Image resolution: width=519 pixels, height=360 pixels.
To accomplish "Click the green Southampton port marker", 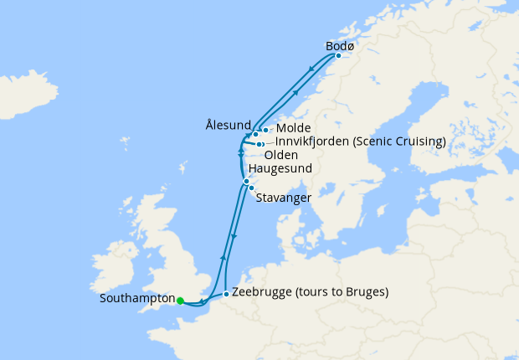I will (x=180, y=299).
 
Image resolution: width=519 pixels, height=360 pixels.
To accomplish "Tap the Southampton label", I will (x=136, y=299).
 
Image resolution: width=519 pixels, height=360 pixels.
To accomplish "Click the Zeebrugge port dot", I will (x=226, y=294).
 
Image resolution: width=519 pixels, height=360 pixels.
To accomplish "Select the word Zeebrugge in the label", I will (x=261, y=293).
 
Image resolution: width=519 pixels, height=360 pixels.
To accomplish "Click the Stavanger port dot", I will (x=251, y=188).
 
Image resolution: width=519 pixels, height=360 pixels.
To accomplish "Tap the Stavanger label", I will (x=285, y=198).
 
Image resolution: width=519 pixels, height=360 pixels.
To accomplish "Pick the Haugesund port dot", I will (x=246, y=181).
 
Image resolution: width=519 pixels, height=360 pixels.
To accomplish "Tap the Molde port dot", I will (x=265, y=130).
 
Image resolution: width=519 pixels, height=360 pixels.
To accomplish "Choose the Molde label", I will (x=293, y=128).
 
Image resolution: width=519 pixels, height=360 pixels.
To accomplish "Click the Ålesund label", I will (x=228, y=125).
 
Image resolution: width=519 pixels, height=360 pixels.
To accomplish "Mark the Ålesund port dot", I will (x=255, y=135).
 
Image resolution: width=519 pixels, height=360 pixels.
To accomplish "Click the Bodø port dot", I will (x=338, y=56).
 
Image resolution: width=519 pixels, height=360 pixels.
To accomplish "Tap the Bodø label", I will (x=339, y=46).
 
